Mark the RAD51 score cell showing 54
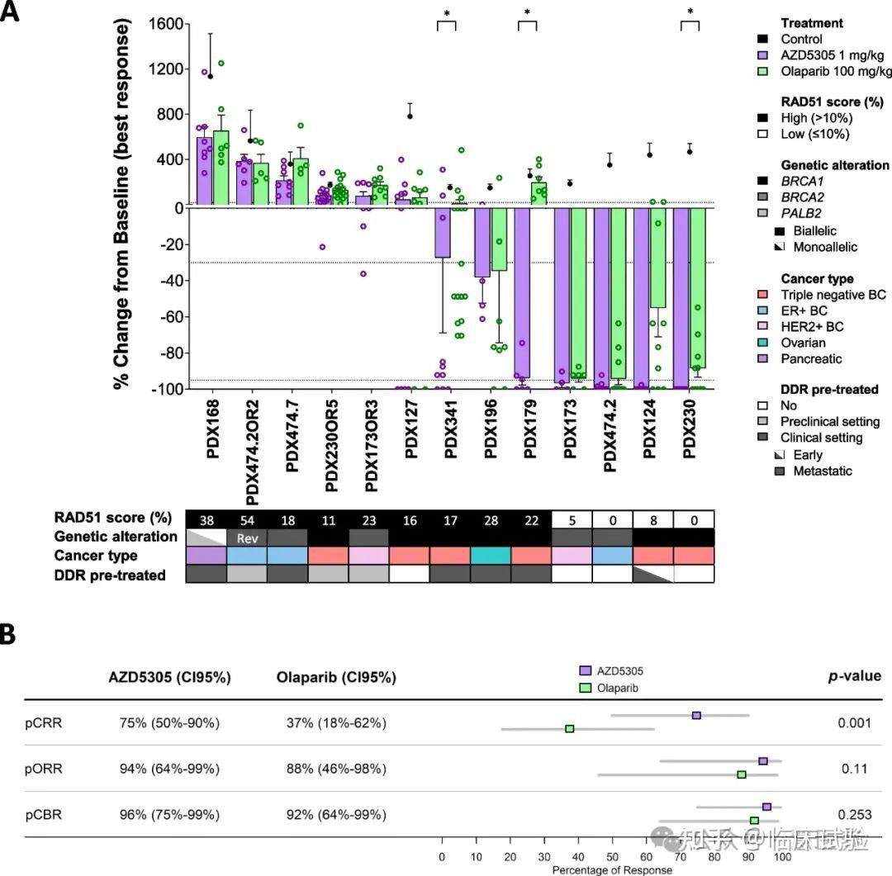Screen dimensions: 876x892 coord(245,518)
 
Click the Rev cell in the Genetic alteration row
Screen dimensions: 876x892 coord(245,537)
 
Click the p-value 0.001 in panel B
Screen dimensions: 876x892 coord(854,723)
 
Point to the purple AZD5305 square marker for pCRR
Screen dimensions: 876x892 coord(696,716)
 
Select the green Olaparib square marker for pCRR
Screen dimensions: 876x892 coord(570,729)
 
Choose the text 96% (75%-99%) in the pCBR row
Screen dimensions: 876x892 coord(164,815)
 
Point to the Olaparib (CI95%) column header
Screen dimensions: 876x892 coord(336,677)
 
